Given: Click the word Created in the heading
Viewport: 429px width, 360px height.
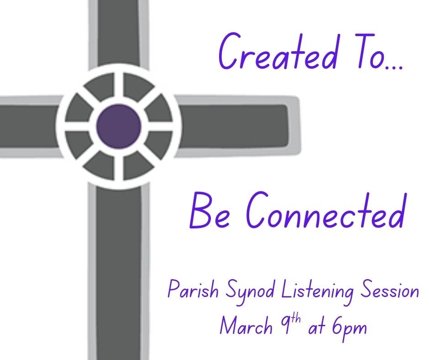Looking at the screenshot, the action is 278,52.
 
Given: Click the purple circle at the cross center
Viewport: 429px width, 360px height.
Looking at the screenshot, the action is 119,126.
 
